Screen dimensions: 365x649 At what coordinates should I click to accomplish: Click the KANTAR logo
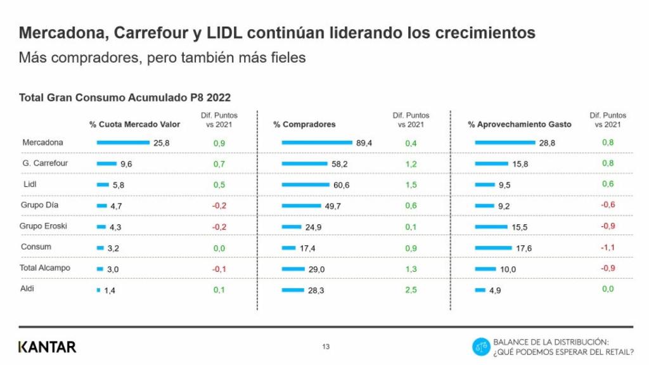pyautogui.click(x=48, y=347)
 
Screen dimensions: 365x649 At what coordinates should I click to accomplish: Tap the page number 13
pyautogui.click(x=326, y=347)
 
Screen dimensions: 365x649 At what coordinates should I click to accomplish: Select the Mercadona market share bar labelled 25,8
pyautogui.click(x=122, y=143)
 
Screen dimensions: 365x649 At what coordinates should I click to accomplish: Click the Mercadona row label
pyautogui.click(x=42, y=143)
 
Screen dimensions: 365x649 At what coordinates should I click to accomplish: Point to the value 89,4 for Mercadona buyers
pyautogui.click(x=364, y=143)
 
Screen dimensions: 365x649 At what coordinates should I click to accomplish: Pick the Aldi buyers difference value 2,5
pyautogui.click(x=411, y=290)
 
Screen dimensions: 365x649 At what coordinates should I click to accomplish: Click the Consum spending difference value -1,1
pyautogui.click(x=608, y=248)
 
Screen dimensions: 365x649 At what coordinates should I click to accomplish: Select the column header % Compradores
pyautogui.click(x=304, y=124)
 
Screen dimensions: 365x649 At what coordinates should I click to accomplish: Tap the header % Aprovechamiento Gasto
pyautogui.click(x=519, y=124)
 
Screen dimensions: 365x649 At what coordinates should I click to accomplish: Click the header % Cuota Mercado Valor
pyautogui.click(x=134, y=124)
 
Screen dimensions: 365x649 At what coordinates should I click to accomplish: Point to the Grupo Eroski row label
pyautogui.click(x=44, y=226)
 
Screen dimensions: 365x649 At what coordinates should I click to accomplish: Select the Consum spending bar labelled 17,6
pyautogui.click(x=493, y=248)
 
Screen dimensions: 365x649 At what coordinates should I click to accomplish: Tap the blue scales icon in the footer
pyautogui.click(x=481, y=347)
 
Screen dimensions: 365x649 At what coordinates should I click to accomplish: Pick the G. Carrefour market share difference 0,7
pyautogui.click(x=219, y=163)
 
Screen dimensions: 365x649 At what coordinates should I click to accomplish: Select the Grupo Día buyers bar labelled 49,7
pyautogui.click(x=302, y=206)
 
